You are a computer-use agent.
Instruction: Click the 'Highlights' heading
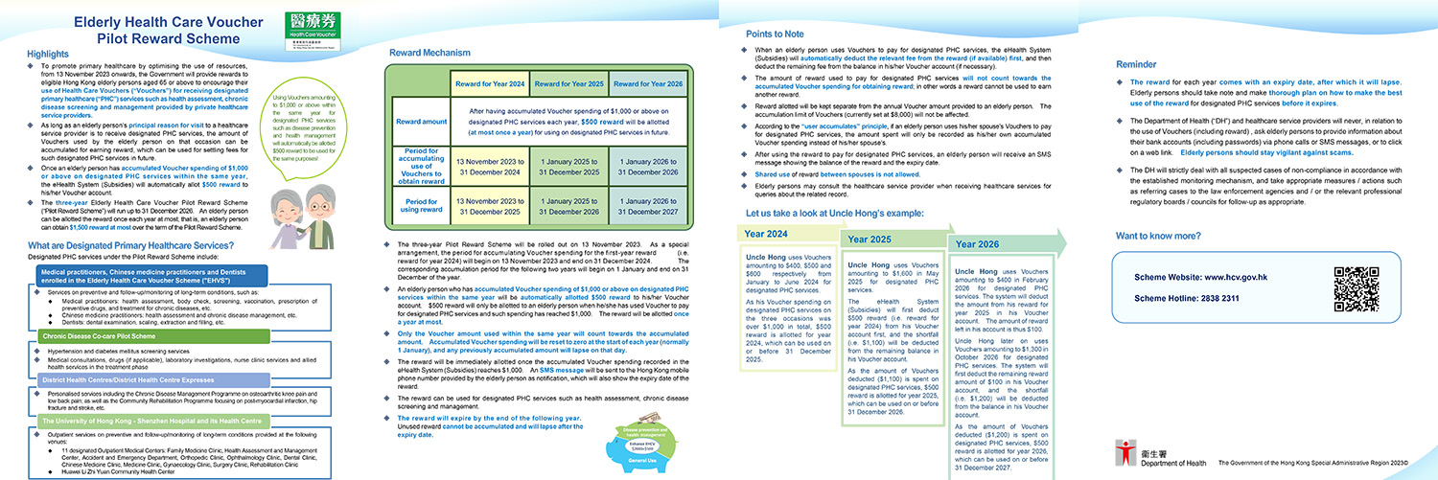click(x=49, y=55)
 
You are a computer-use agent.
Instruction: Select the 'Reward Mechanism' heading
click(x=430, y=53)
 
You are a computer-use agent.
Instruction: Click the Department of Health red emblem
click(x=1125, y=451)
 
